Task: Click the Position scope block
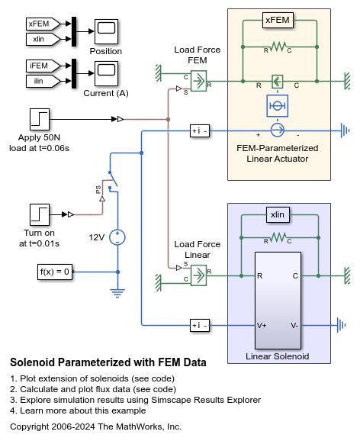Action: (106, 31)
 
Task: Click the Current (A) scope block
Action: (106, 75)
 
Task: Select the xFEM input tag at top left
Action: (38, 24)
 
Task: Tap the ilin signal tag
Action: (38, 80)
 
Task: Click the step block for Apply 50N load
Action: (40, 118)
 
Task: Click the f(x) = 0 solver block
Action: (55, 272)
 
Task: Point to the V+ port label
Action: (262, 325)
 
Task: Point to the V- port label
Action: (294, 325)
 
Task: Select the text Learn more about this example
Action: (86, 410)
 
